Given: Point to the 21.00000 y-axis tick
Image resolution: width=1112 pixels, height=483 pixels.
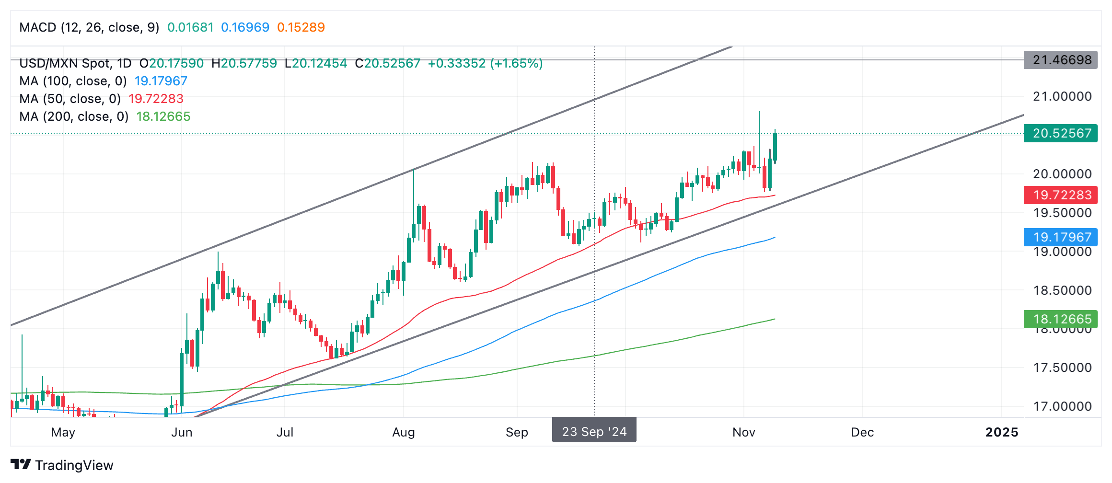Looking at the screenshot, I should tap(1062, 96).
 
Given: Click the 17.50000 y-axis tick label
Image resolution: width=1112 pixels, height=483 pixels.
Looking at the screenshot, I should tap(1062, 368).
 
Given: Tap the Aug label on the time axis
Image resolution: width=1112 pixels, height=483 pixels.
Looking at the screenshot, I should tap(403, 432).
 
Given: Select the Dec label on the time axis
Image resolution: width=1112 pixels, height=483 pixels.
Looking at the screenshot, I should tap(862, 432).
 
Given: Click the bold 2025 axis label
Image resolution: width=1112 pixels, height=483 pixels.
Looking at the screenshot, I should tap(1001, 432).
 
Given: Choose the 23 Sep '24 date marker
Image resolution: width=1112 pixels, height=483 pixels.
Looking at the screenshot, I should tap(594, 432).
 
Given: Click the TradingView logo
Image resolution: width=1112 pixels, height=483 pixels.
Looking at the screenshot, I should tap(62, 465).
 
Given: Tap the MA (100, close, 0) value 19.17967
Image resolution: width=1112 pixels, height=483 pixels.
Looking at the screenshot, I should tap(161, 81).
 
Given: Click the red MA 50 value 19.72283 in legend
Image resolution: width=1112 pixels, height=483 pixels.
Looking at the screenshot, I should tap(156, 99).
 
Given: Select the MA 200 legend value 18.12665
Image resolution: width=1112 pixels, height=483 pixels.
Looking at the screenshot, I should tap(163, 116).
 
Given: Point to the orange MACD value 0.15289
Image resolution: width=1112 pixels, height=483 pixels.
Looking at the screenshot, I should tap(301, 27).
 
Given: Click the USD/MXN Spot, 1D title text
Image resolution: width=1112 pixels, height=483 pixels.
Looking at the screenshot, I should tap(75, 63).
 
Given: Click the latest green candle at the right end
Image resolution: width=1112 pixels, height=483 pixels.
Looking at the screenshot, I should tap(775, 147).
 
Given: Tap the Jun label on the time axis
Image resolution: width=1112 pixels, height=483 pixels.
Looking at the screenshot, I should tap(182, 432).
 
